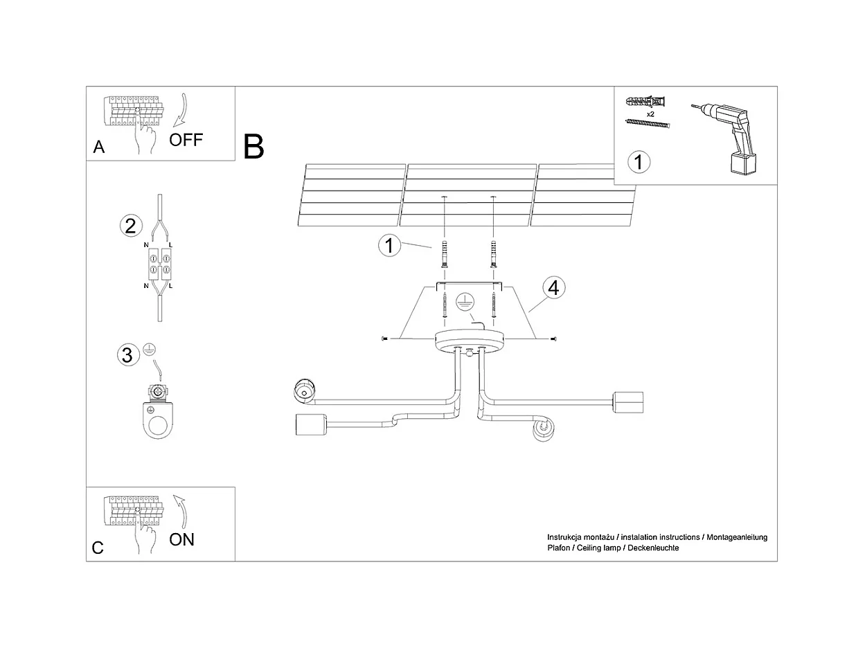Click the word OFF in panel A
pyautogui.click(x=186, y=140)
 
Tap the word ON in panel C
pyautogui.click(x=181, y=540)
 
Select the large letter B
pyautogui.click(x=253, y=147)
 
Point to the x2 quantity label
pyautogui.click(x=650, y=114)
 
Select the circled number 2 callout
pyautogui.click(x=131, y=226)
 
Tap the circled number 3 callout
pyautogui.click(x=128, y=355)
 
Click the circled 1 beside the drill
pyautogui.click(x=639, y=162)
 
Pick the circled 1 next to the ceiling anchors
pyautogui.click(x=389, y=245)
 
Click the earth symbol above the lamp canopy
pyautogui.click(x=465, y=303)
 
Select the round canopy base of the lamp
pyautogui.click(x=470, y=341)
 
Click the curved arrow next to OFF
pyautogui.click(x=181, y=110)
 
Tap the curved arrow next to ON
pyautogui.click(x=181, y=512)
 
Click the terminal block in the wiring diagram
pyautogui.click(x=159, y=263)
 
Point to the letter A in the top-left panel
pyautogui.click(x=99, y=147)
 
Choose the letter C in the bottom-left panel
pyautogui.click(x=98, y=548)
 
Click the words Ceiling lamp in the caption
pyautogui.click(x=599, y=548)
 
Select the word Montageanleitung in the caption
pyautogui.click(x=736, y=537)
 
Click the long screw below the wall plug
pyautogui.click(x=648, y=124)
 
